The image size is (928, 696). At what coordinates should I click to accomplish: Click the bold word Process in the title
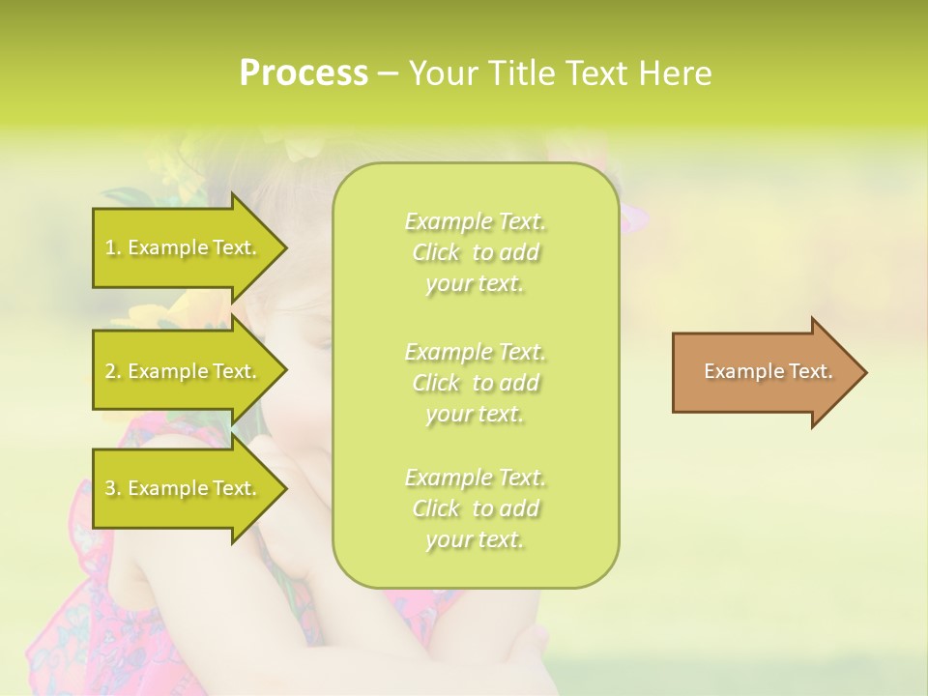coord(304,73)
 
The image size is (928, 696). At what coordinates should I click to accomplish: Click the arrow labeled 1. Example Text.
coord(184,247)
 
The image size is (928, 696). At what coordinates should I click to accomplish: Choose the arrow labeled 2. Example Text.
coord(184,371)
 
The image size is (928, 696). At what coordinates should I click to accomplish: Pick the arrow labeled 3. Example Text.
coord(184,488)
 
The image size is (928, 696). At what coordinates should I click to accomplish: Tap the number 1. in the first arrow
coord(113,247)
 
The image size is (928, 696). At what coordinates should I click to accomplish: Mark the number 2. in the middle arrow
coord(113,371)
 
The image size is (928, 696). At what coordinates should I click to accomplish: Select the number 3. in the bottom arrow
coord(113,488)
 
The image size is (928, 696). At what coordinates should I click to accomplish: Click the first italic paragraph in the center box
coord(476,252)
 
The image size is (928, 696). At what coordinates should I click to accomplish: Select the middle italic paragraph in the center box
coord(476,383)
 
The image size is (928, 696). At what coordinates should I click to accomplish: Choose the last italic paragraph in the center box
coord(476,508)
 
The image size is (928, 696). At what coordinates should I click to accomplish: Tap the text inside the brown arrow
coord(768,371)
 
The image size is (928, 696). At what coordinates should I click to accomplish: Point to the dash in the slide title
coord(389,73)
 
